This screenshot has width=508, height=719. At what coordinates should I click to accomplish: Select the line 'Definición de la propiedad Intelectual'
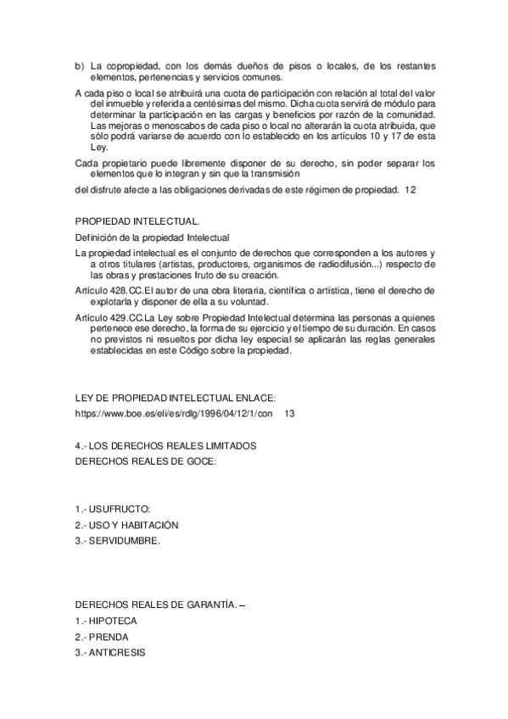coord(153,237)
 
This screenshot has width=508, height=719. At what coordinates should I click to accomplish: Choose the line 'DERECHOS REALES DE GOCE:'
coord(146,462)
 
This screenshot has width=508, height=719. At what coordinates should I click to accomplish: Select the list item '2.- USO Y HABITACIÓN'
coord(126,525)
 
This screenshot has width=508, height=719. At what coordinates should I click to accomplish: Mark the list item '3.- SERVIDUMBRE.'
coord(117,541)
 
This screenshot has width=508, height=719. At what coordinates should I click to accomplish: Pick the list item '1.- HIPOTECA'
coord(106,621)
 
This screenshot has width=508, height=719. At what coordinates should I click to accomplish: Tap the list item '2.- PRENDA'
coord(102,637)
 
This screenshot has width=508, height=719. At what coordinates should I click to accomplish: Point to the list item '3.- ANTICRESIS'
coord(110,653)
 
